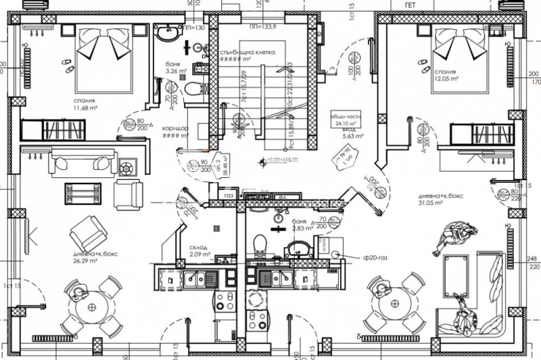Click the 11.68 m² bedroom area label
(x=87, y=106)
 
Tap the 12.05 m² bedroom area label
(x=448, y=79)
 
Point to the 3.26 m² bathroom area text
(x=175, y=70)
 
